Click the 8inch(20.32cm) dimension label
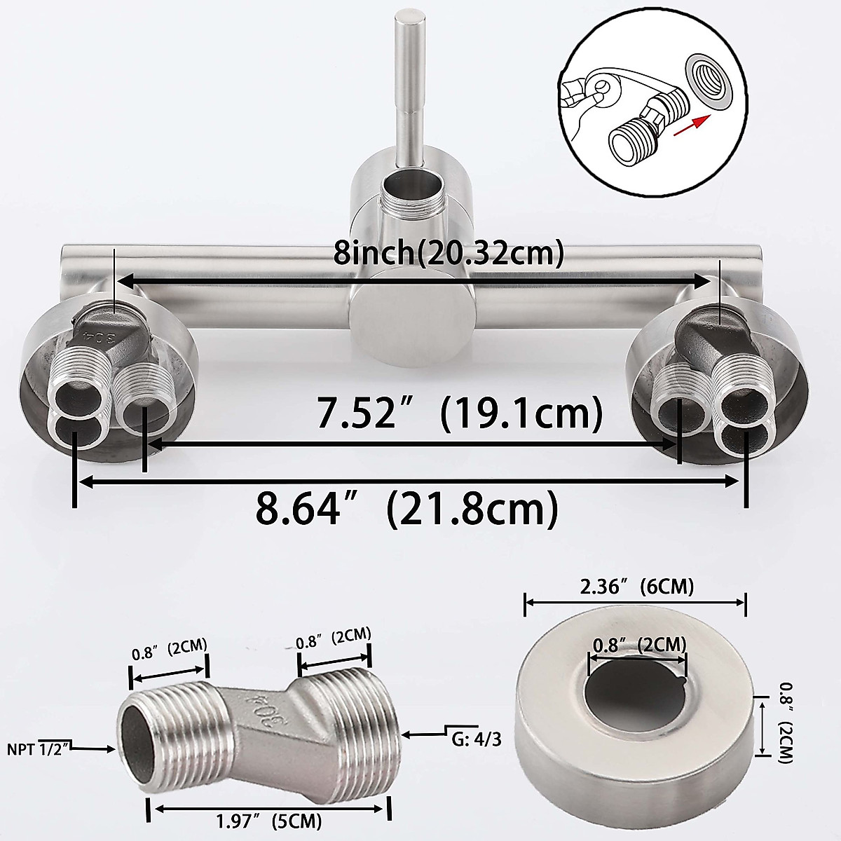(449, 253)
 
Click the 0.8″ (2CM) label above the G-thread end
(333, 638)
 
